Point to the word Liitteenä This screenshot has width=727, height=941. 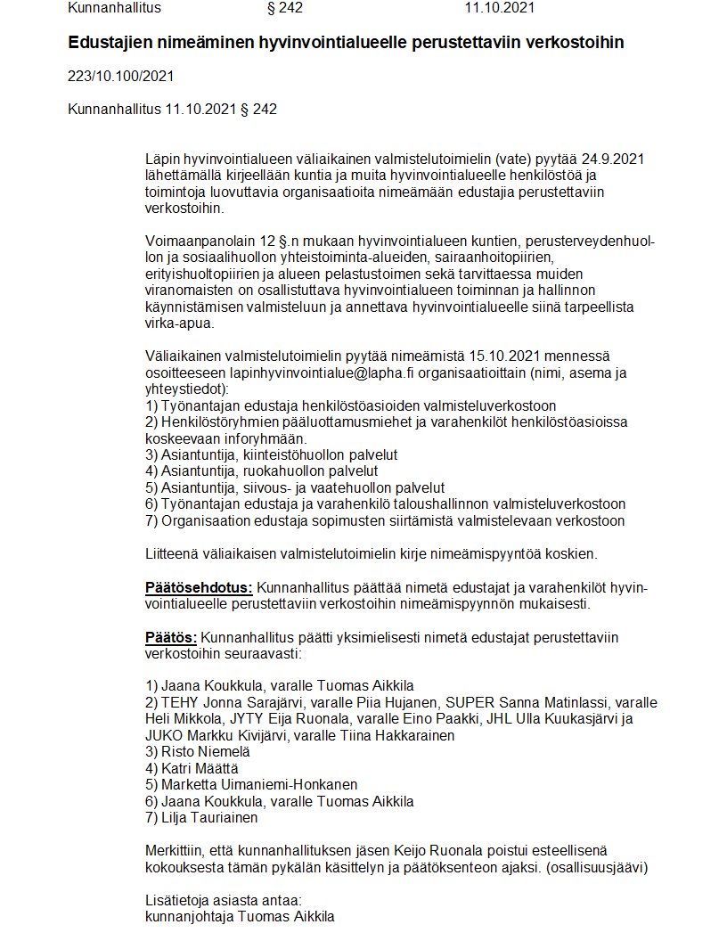click(174, 553)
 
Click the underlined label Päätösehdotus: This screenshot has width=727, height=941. click(199, 587)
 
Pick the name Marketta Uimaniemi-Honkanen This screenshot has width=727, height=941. click(259, 784)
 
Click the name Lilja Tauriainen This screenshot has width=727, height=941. click(209, 817)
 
